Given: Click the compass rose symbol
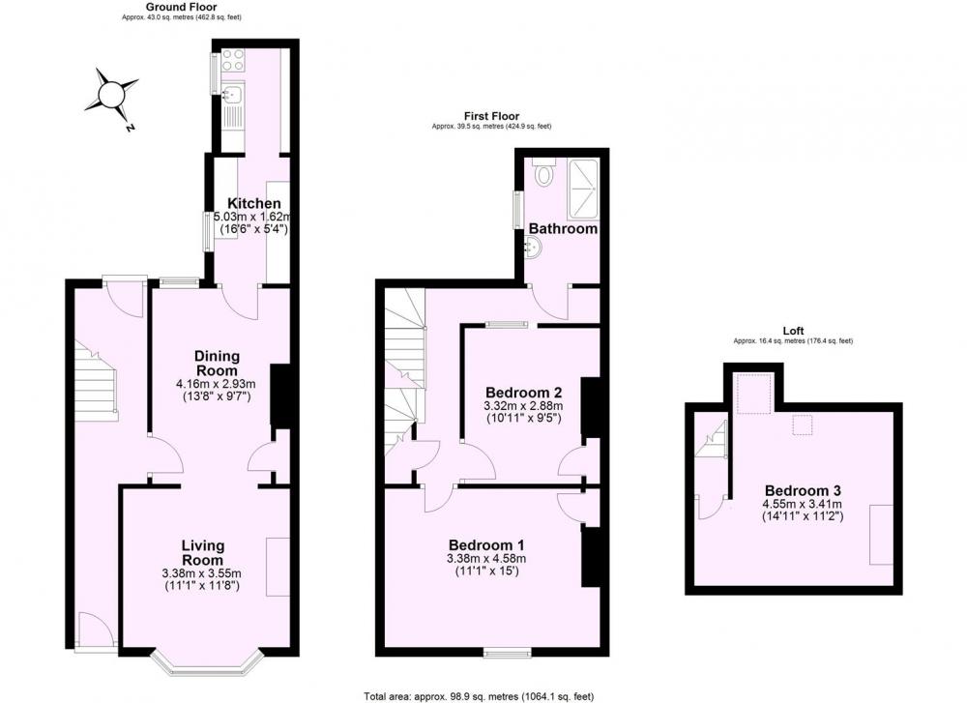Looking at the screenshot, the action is tap(112, 96).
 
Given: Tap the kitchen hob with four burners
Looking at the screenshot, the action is tap(232, 60).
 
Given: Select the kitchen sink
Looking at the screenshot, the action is tap(232, 95).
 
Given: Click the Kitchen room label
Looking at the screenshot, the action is tap(254, 203).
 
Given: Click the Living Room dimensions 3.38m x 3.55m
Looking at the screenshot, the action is tap(202, 573).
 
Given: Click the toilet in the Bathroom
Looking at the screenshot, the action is tap(543, 172).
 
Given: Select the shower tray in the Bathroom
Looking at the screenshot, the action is tap(583, 189).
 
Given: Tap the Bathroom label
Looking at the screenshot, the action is tap(563, 229).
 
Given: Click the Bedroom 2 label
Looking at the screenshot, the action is tap(523, 393).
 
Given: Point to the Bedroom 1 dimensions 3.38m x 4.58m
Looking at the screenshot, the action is tap(486, 559).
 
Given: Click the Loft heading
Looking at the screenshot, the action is tap(793, 331).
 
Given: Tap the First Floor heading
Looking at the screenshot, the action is tap(491, 116).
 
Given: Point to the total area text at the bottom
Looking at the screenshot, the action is tap(479, 696).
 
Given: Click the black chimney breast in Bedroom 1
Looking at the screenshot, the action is tap(591, 556).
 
